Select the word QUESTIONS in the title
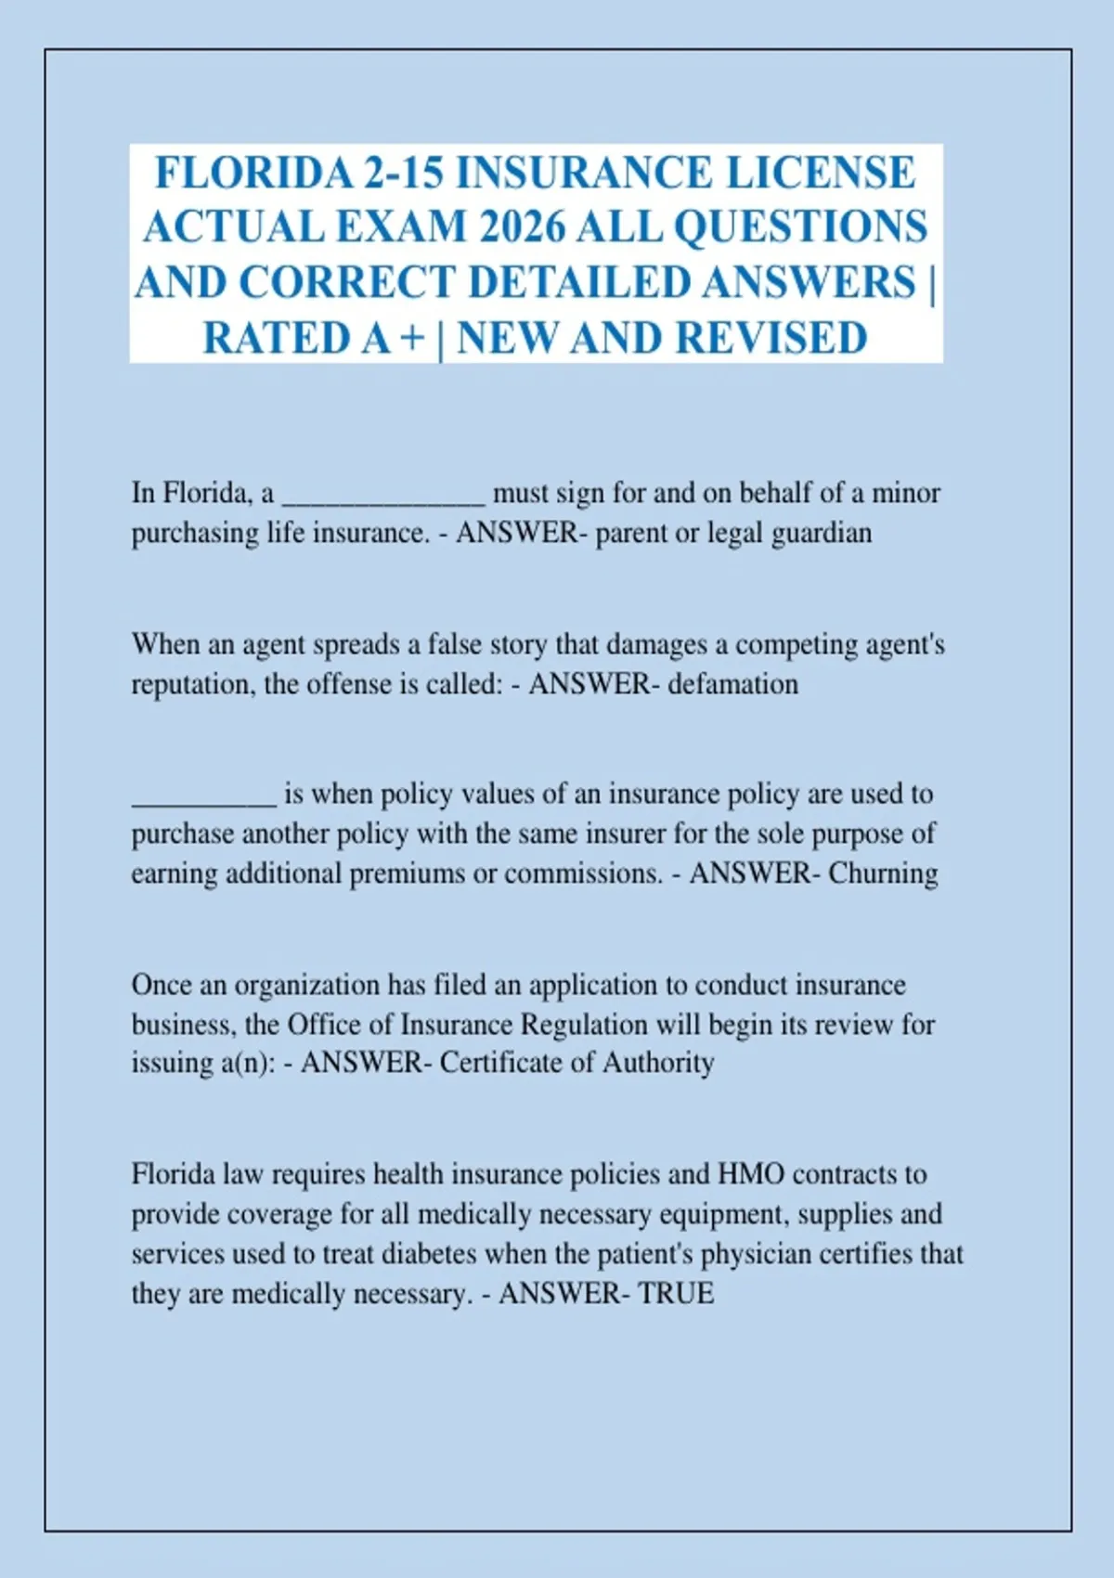point(799,227)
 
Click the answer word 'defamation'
point(733,684)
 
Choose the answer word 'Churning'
point(883,873)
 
